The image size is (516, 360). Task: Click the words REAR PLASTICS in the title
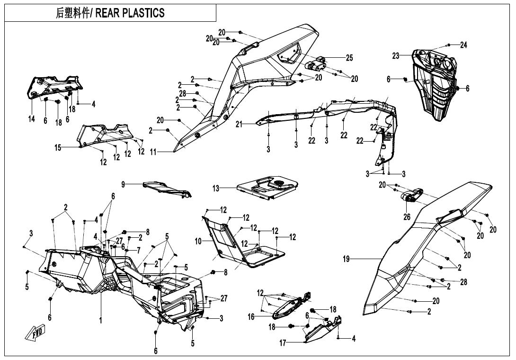coord(130,13)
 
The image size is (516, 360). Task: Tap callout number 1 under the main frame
coord(101,321)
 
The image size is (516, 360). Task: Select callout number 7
coord(139,250)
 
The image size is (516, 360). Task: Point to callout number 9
coord(123,184)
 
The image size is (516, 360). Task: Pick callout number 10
coord(198,241)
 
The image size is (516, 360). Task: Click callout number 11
coord(152,153)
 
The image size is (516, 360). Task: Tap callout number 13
coord(216,189)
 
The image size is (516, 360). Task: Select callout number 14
coord(31,119)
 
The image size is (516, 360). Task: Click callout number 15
coord(58,148)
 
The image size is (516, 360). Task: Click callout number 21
coord(240,125)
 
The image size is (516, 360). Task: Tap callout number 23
coord(396,56)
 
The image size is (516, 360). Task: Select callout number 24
coord(463,45)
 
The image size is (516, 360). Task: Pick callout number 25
coord(349,58)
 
